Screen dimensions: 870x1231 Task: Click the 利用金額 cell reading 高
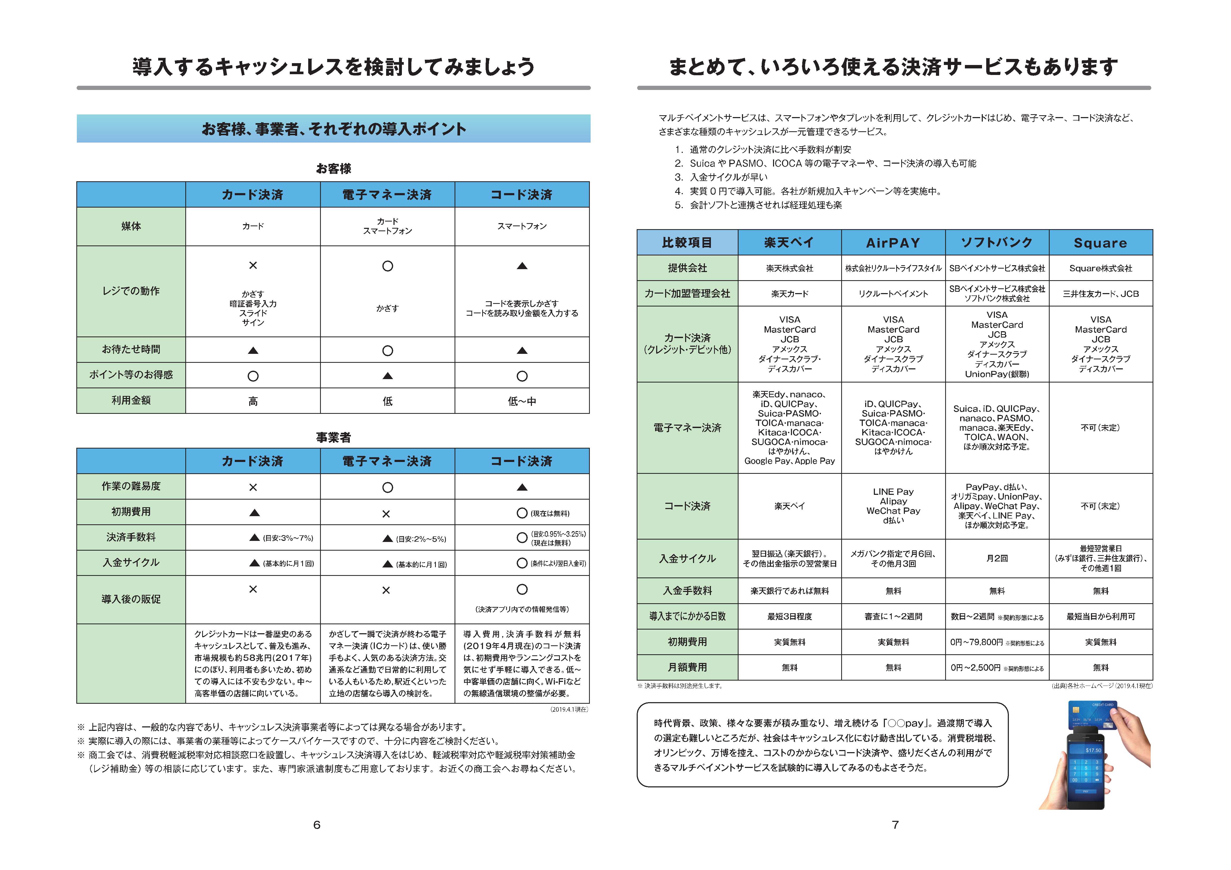pyautogui.click(x=253, y=401)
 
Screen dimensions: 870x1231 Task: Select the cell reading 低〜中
pyautogui.click(x=522, y=401)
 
